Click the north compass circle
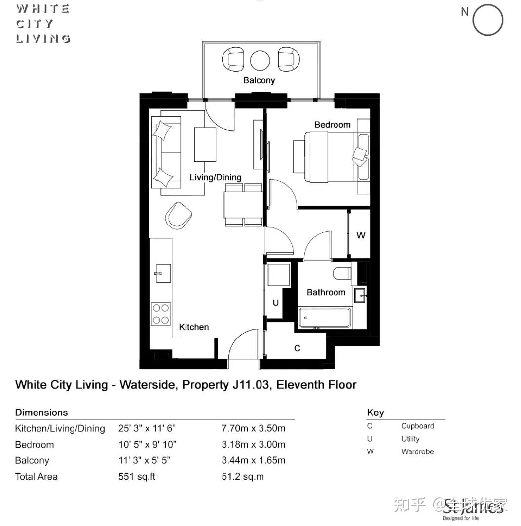coord(487,20)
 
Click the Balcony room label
coord(259,80)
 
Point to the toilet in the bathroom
coord(342,272)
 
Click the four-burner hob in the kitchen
coord(161,314)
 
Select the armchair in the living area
coord(178,216)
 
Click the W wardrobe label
coord(361,235)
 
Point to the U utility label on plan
coord(275,303)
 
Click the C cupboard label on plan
coord(297,348)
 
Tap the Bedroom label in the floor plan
coord(333,125)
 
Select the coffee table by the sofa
coord(205,145)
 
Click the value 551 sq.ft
coord(137,477)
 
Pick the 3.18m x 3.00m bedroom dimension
coord(253,444)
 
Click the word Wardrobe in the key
coord(417,451)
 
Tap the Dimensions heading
coord(41,413)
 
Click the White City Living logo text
coord(43,23)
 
